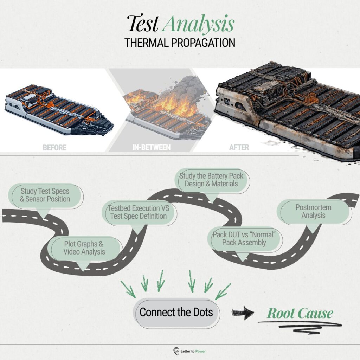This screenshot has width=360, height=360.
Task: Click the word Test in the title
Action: pos(143,23)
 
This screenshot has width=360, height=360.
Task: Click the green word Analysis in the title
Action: pos(198,25)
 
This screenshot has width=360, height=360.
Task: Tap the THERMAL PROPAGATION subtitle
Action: pos(180,43)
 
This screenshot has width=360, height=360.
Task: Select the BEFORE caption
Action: pos(54,147)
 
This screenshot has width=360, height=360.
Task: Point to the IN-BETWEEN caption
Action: pos(152,147)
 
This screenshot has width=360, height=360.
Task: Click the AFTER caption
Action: pos(239,147)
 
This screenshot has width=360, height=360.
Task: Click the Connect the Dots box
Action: pos(176,313)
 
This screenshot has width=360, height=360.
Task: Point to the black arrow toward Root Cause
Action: pos(243,313)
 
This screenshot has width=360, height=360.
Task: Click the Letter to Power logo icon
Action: pos(176,351)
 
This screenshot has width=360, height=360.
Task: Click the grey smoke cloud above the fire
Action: pos(184,90)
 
